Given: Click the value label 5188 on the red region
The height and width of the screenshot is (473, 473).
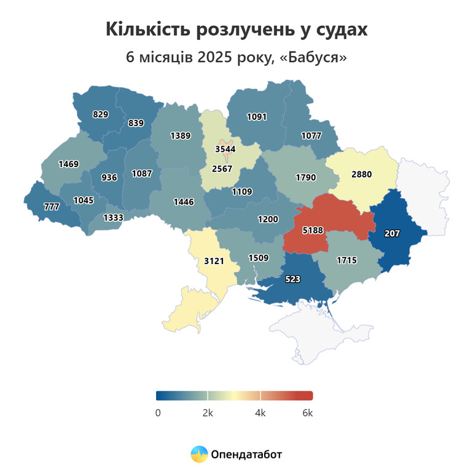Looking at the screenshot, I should (x=313, y=231).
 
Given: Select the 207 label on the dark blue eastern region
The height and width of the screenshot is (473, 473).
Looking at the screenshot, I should (x=392, y=233).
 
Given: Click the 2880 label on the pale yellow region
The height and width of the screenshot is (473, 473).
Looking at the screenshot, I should (x=362, y=174).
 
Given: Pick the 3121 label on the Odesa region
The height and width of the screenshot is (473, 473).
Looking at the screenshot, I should (x=214, y=261).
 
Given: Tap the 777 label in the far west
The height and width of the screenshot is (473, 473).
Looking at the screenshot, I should (x=52, y=206).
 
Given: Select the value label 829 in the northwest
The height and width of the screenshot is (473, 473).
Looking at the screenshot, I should (x=101, y=114).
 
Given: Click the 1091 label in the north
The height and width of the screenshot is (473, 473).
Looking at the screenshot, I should (x=257, y=116).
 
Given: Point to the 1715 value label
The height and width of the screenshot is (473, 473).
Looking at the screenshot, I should (x=346, y=260).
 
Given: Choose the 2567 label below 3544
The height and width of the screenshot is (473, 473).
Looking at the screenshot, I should (x=224, y=169).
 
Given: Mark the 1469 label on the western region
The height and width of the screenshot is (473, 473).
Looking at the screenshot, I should (x=69, y=163).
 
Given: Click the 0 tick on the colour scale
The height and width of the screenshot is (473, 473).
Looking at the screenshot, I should (x=158, y=413).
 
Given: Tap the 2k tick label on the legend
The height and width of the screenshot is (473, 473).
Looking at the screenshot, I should (x=208, y=413).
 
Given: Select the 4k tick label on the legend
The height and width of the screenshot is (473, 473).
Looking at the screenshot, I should (x=260, y=413).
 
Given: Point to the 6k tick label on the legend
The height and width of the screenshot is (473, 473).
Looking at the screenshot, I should (x=307, y=413).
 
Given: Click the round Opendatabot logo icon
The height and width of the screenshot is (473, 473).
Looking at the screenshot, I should (x=199, y=454).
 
